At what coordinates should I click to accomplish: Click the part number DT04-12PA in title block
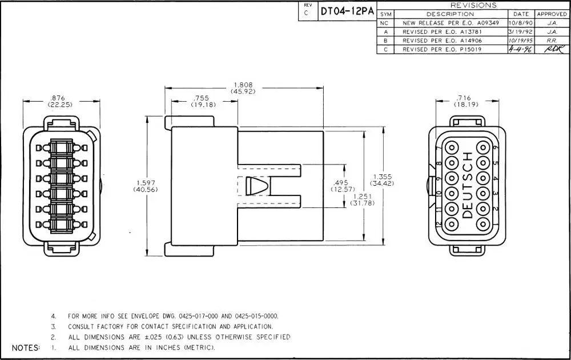[347, 11]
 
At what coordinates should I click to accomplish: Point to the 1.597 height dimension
[145, 186]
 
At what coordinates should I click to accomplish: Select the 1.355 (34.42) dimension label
[382, 180]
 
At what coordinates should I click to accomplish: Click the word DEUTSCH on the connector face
[467, 185]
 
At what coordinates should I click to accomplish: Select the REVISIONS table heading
[473, 5]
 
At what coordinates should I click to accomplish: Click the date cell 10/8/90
[521, 23]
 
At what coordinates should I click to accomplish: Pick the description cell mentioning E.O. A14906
[443, 41]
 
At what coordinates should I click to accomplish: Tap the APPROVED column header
[552, 14]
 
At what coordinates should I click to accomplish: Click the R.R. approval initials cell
[552, 41]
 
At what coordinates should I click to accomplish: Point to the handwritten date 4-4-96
[521, 50]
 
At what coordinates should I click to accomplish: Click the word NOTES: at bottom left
[26, 347]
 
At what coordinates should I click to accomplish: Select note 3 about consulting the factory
[166, 326]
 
